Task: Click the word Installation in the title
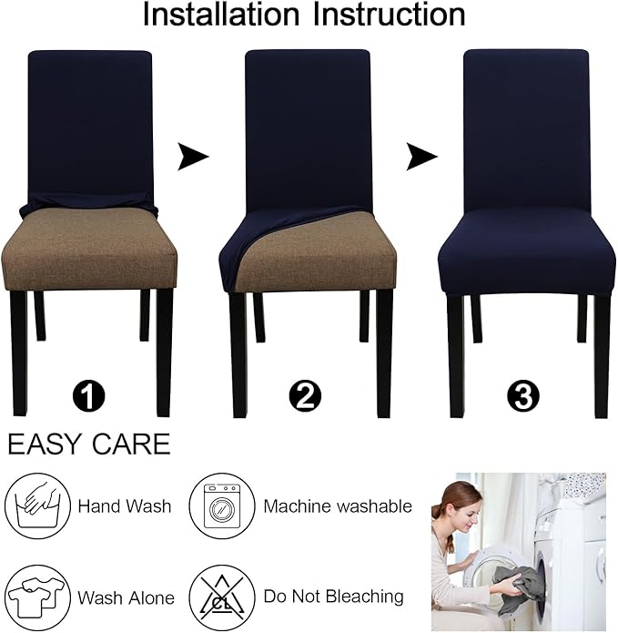[x=222, y=15]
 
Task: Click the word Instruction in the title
[x=389, y=15]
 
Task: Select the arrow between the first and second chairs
[x=192, y=158]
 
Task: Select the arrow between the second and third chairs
[x=420, y=158]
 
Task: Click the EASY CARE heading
[x=88, y=444]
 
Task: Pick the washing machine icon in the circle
[x=221, y=505]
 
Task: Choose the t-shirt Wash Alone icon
[x=37, y=597]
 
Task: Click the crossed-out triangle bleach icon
[x=221, y=597]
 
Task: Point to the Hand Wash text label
[x=124, y=506]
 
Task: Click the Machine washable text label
[x=338, y=506]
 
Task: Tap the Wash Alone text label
[x=126, y=598]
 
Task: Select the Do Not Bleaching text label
[x=333, y=597]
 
